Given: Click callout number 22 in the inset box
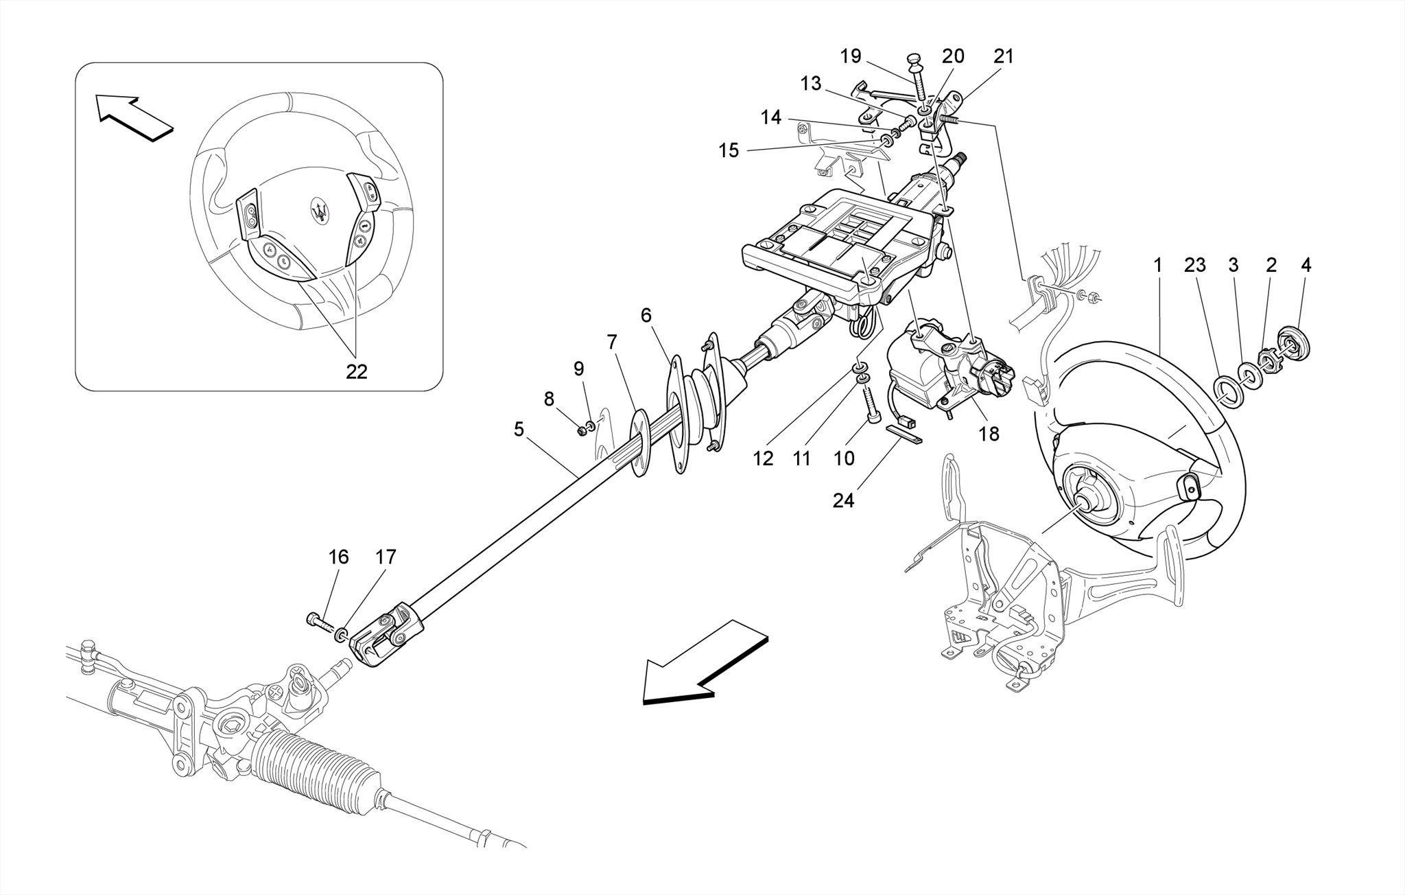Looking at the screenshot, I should coord(356,371).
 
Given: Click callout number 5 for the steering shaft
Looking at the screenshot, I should coord(519,430).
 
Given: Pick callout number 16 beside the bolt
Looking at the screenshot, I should coord(338,557).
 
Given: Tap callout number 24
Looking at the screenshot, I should coord(843,501).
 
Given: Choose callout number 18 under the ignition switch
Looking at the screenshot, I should coord(989,434).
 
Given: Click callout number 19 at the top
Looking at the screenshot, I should coord(851,56).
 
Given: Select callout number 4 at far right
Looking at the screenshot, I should coord(1306,265).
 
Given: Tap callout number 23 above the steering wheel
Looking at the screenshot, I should coord(1194,265).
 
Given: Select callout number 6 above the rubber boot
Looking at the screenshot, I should coord(646,315).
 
